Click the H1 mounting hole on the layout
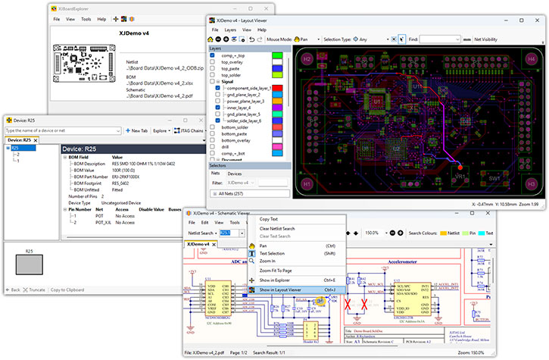tap(307, 183)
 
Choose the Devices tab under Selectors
tap(235, 174)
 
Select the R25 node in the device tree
tap(15, 149)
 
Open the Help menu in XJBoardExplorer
tap(101, 18)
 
